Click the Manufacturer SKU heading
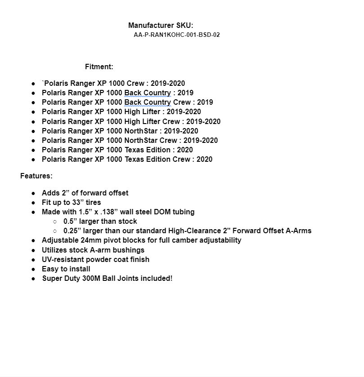point(161,25)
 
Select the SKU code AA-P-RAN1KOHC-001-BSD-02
point(176,35)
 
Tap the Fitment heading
point(99,67)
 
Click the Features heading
point(36,176)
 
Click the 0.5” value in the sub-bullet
point(70,221)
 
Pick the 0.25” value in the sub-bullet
point(72,231)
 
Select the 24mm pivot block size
point(88,240)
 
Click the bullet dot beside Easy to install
point(34,269)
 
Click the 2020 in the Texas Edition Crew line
point(204,159)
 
